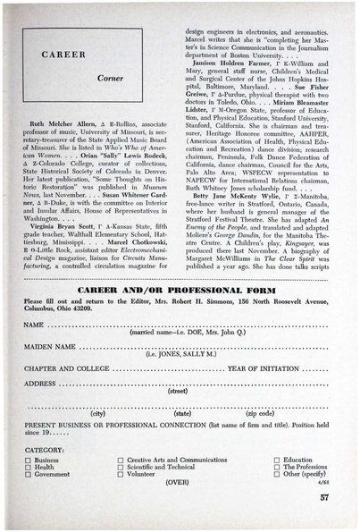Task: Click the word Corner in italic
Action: (112, 78)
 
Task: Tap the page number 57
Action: (325, 497)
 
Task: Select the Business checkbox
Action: (29, 460)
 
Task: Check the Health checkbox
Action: (29, 467)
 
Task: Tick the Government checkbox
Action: (29, 475)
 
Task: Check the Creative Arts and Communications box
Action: (121, 460)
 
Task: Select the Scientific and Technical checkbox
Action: (121, 467)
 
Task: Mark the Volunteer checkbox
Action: (121, 475)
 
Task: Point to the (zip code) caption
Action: (259, 414)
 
